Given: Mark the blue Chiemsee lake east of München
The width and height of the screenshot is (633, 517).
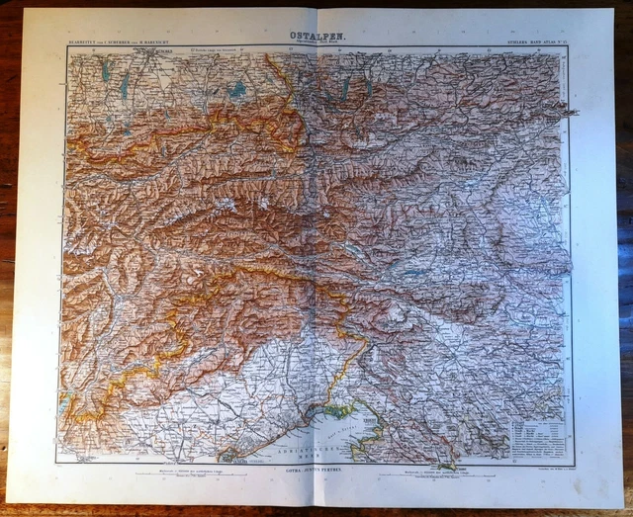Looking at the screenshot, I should (x=237, y=89).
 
